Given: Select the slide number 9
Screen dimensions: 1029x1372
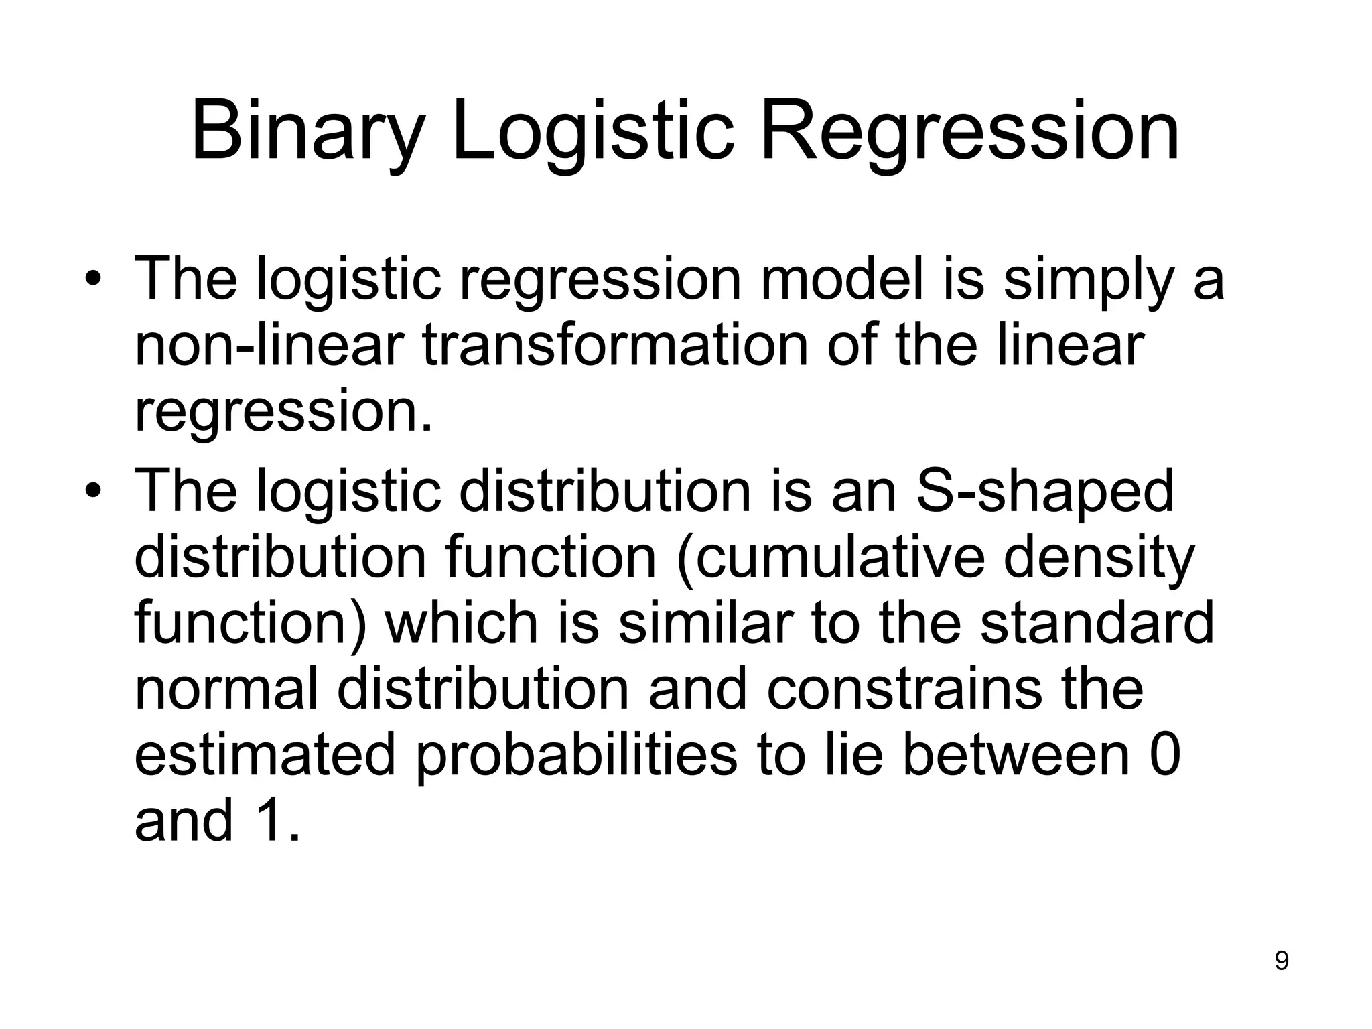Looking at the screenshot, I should pos(1281,961).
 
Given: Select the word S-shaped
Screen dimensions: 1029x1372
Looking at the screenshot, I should pos(1044,493).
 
